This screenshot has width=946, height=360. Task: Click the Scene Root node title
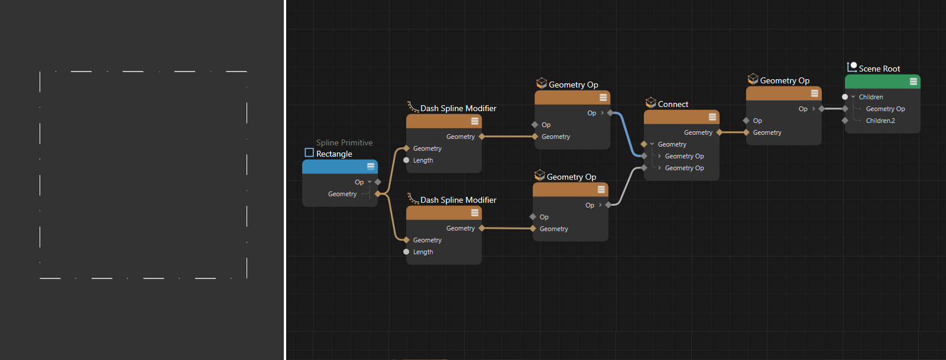pos(879,69)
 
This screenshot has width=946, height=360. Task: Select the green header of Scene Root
pos(882,82)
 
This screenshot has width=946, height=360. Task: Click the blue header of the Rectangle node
pos(340,167)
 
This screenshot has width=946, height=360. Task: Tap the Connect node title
pos(673,104)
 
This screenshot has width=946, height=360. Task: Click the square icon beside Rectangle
pos(309,153)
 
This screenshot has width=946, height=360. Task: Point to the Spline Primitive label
pos(344,142)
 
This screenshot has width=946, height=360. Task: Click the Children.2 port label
pos(880,121)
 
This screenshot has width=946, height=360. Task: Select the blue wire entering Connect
pos(627,134)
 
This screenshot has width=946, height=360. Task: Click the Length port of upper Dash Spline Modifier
pos(406,160)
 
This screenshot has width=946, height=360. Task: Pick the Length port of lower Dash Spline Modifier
pos(406,252)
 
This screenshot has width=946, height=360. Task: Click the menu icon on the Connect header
pos(712,117)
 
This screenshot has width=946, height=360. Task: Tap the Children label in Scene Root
pos(871,97)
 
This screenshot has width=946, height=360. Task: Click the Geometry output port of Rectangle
pos(378,194)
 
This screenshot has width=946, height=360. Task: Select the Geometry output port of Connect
pos(719,132)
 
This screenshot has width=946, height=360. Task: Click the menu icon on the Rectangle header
pos(370,166)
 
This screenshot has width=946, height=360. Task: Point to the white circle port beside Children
pos(845,97)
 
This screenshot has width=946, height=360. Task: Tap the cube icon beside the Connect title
pos(651,102)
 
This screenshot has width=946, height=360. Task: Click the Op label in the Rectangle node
pos(359,182)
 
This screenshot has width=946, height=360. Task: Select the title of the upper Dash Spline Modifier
pos(458,108)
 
